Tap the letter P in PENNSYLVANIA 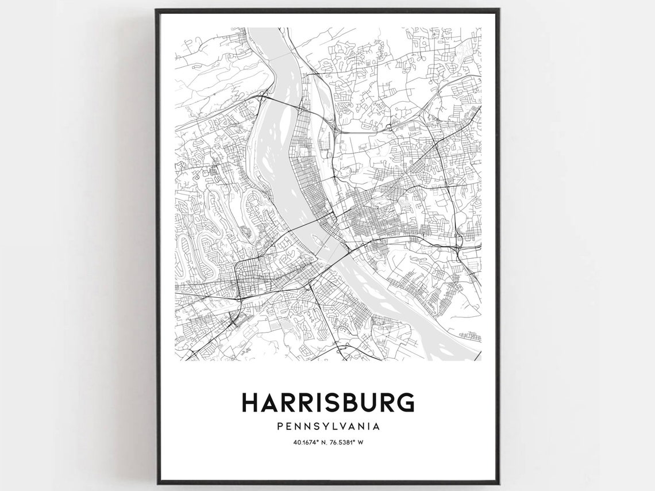pos(279,427)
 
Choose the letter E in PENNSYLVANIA pos(288,427)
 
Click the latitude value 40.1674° pos(307,443)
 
